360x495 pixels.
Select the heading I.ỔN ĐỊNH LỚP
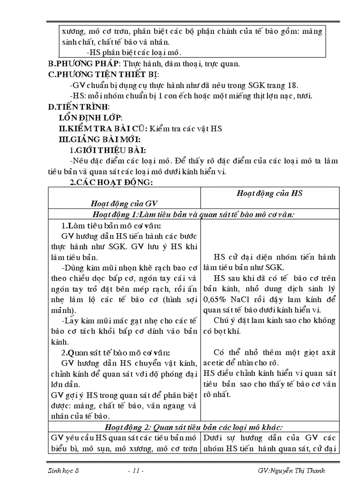tap(90, 118)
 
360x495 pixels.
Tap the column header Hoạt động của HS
tap(269, 193)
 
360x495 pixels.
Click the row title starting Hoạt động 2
tap(194, 426)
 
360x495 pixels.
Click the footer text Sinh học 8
tap(63, 470)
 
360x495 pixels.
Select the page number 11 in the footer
tap(135, 470)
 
